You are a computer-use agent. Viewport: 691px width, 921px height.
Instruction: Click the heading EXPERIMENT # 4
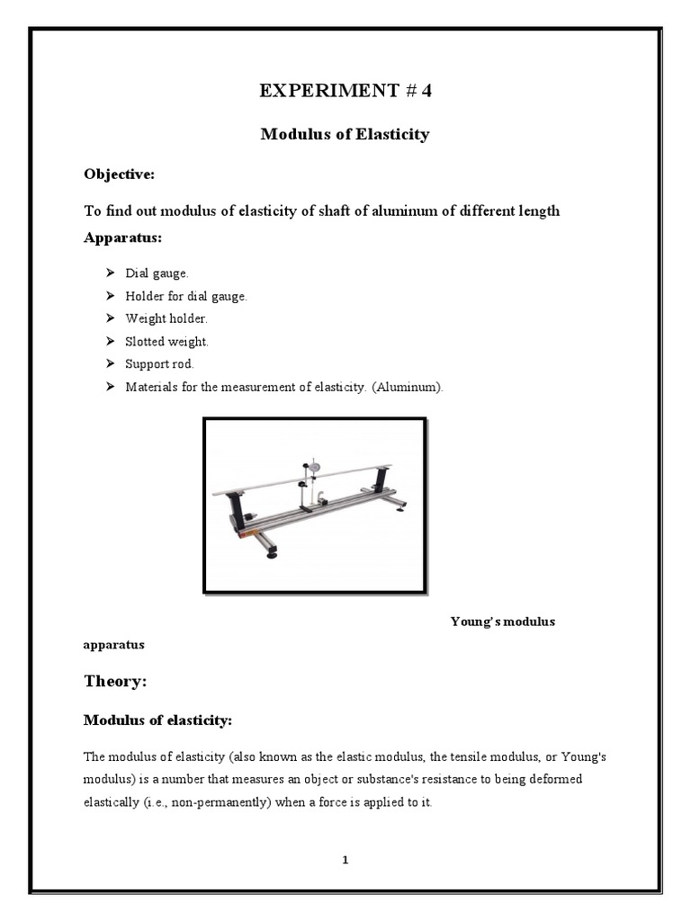345,91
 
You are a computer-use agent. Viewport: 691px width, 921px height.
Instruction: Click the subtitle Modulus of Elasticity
345,134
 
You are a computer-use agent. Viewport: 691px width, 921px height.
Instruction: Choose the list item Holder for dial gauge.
185,296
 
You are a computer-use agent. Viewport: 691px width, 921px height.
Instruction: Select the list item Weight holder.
166,318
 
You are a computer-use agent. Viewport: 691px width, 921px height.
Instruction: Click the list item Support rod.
159,364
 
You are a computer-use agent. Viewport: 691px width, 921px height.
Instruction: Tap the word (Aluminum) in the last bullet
410,388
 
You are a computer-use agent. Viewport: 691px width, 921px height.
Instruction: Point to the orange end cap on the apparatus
244,536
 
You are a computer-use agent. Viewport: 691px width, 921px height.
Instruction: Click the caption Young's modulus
502,621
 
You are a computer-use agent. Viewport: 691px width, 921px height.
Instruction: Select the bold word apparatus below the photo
113,645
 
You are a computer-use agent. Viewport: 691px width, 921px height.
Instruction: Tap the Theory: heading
114,682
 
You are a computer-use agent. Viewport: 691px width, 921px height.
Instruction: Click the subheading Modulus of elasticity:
157,720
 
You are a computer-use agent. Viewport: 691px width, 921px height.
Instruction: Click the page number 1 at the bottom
345,860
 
